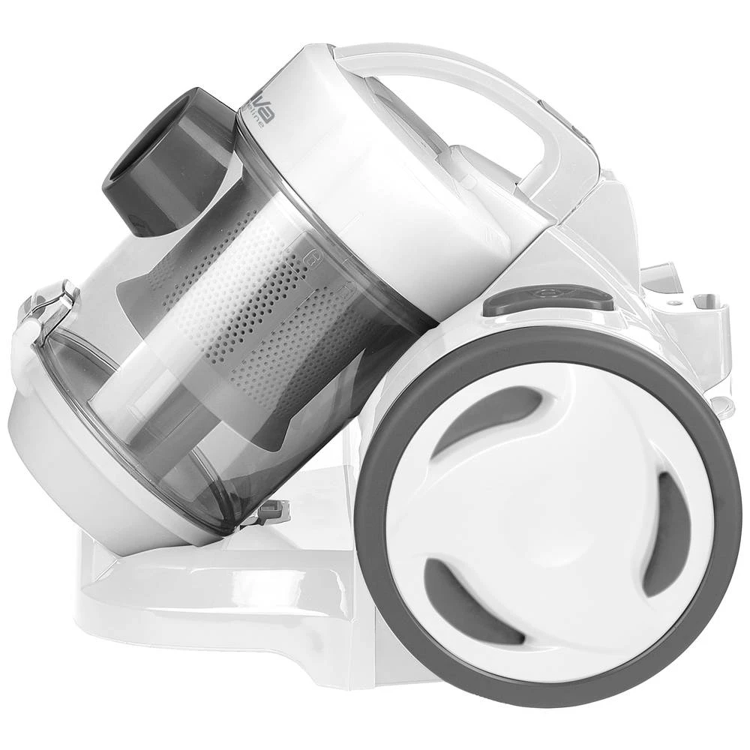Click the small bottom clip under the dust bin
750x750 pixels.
pyautogui.click(x=274, y=513)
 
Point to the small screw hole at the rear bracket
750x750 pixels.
pyautogui.click(x=678, y=303)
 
